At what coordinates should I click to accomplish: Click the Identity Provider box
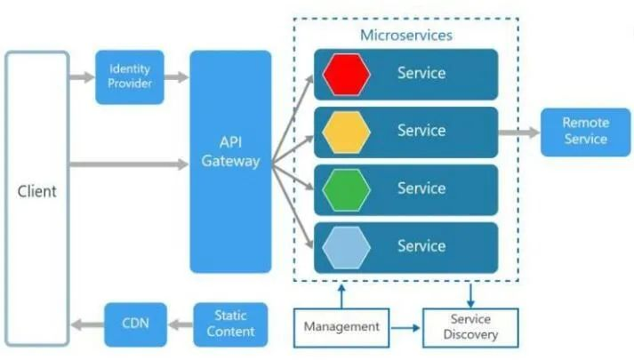coord(130,76)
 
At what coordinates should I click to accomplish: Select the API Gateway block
coord(230,161)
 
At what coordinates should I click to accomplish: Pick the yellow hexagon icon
coord(346,132)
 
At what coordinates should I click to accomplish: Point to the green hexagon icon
coord(346,189)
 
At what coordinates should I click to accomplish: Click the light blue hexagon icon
coord(346,247)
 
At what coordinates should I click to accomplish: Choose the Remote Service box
coord(585,132)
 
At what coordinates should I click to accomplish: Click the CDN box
coord(134,324)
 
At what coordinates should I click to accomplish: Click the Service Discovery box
coord(471,326)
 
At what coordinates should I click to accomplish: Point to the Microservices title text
coord(405,36)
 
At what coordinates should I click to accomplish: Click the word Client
coord(36,191)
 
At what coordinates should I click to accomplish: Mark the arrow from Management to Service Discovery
coord(406,327)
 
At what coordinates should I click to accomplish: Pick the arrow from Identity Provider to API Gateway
coord(177,77)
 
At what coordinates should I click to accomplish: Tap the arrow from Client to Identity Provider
coord(82,77)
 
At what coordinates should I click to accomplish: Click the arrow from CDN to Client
coord(88,324)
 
